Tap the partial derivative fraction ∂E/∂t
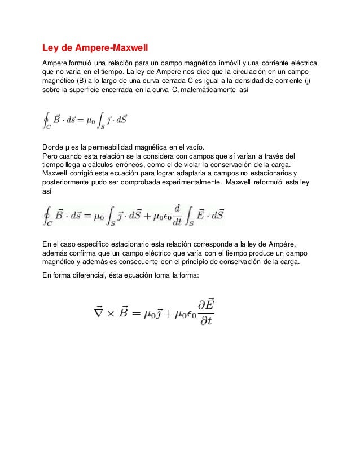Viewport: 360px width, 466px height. (x=205, y=313)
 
